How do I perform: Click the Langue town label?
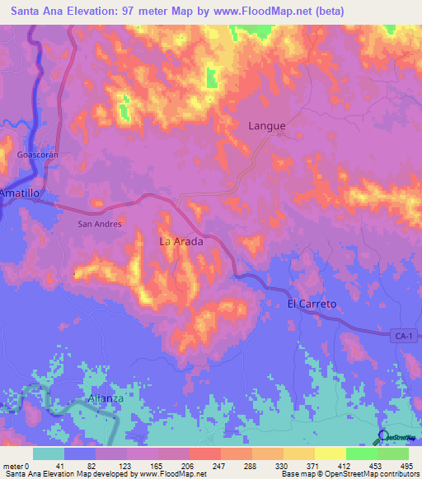(267, 126)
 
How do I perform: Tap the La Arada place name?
(181, 242)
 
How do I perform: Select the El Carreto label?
(312, 304)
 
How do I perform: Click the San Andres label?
(99, 224)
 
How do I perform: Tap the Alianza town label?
(105, 398)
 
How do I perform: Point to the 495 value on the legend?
(406, 466)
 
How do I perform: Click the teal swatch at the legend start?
(49, 453)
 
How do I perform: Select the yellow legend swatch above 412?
(330, 453)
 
